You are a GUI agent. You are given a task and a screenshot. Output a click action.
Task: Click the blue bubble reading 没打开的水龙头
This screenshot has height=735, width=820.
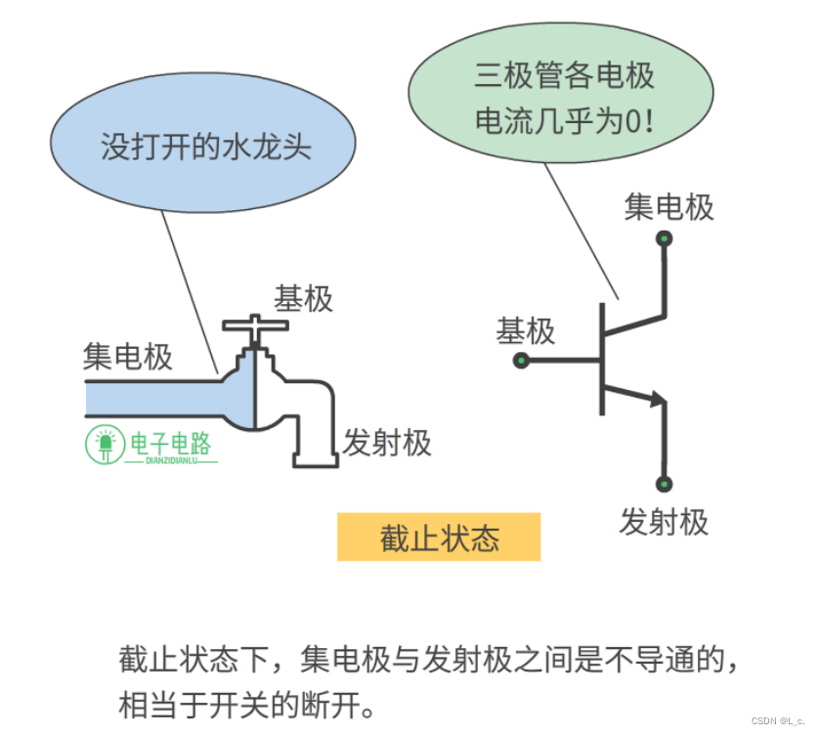[x=202, y=147]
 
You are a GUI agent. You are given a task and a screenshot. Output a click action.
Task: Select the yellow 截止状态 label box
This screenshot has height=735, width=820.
[x=439, y=538]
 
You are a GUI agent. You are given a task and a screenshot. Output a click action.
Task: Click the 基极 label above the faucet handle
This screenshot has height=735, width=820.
[x=303, y=298]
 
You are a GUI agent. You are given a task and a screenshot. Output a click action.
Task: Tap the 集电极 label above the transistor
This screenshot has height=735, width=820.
[x=669, y=207]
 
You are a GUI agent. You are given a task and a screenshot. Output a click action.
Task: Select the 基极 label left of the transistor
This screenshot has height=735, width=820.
[x=526, y=331]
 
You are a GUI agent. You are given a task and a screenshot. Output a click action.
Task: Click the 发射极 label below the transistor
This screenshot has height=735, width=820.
[x=664, y=522]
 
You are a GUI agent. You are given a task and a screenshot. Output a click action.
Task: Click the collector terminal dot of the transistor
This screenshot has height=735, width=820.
[x=665, y=238]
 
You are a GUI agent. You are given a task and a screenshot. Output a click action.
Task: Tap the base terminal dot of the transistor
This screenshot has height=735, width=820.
[x=521, y=361]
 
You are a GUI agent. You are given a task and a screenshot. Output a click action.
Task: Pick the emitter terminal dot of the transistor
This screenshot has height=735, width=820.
[x=665, y=483]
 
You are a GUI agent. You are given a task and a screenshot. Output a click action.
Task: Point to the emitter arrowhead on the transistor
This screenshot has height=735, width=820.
[x=657, y=397]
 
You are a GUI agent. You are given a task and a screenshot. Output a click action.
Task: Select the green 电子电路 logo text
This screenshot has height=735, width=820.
[x=171, y=445]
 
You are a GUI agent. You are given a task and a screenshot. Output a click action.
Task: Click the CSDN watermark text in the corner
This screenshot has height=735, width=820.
[x=776, y=720]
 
